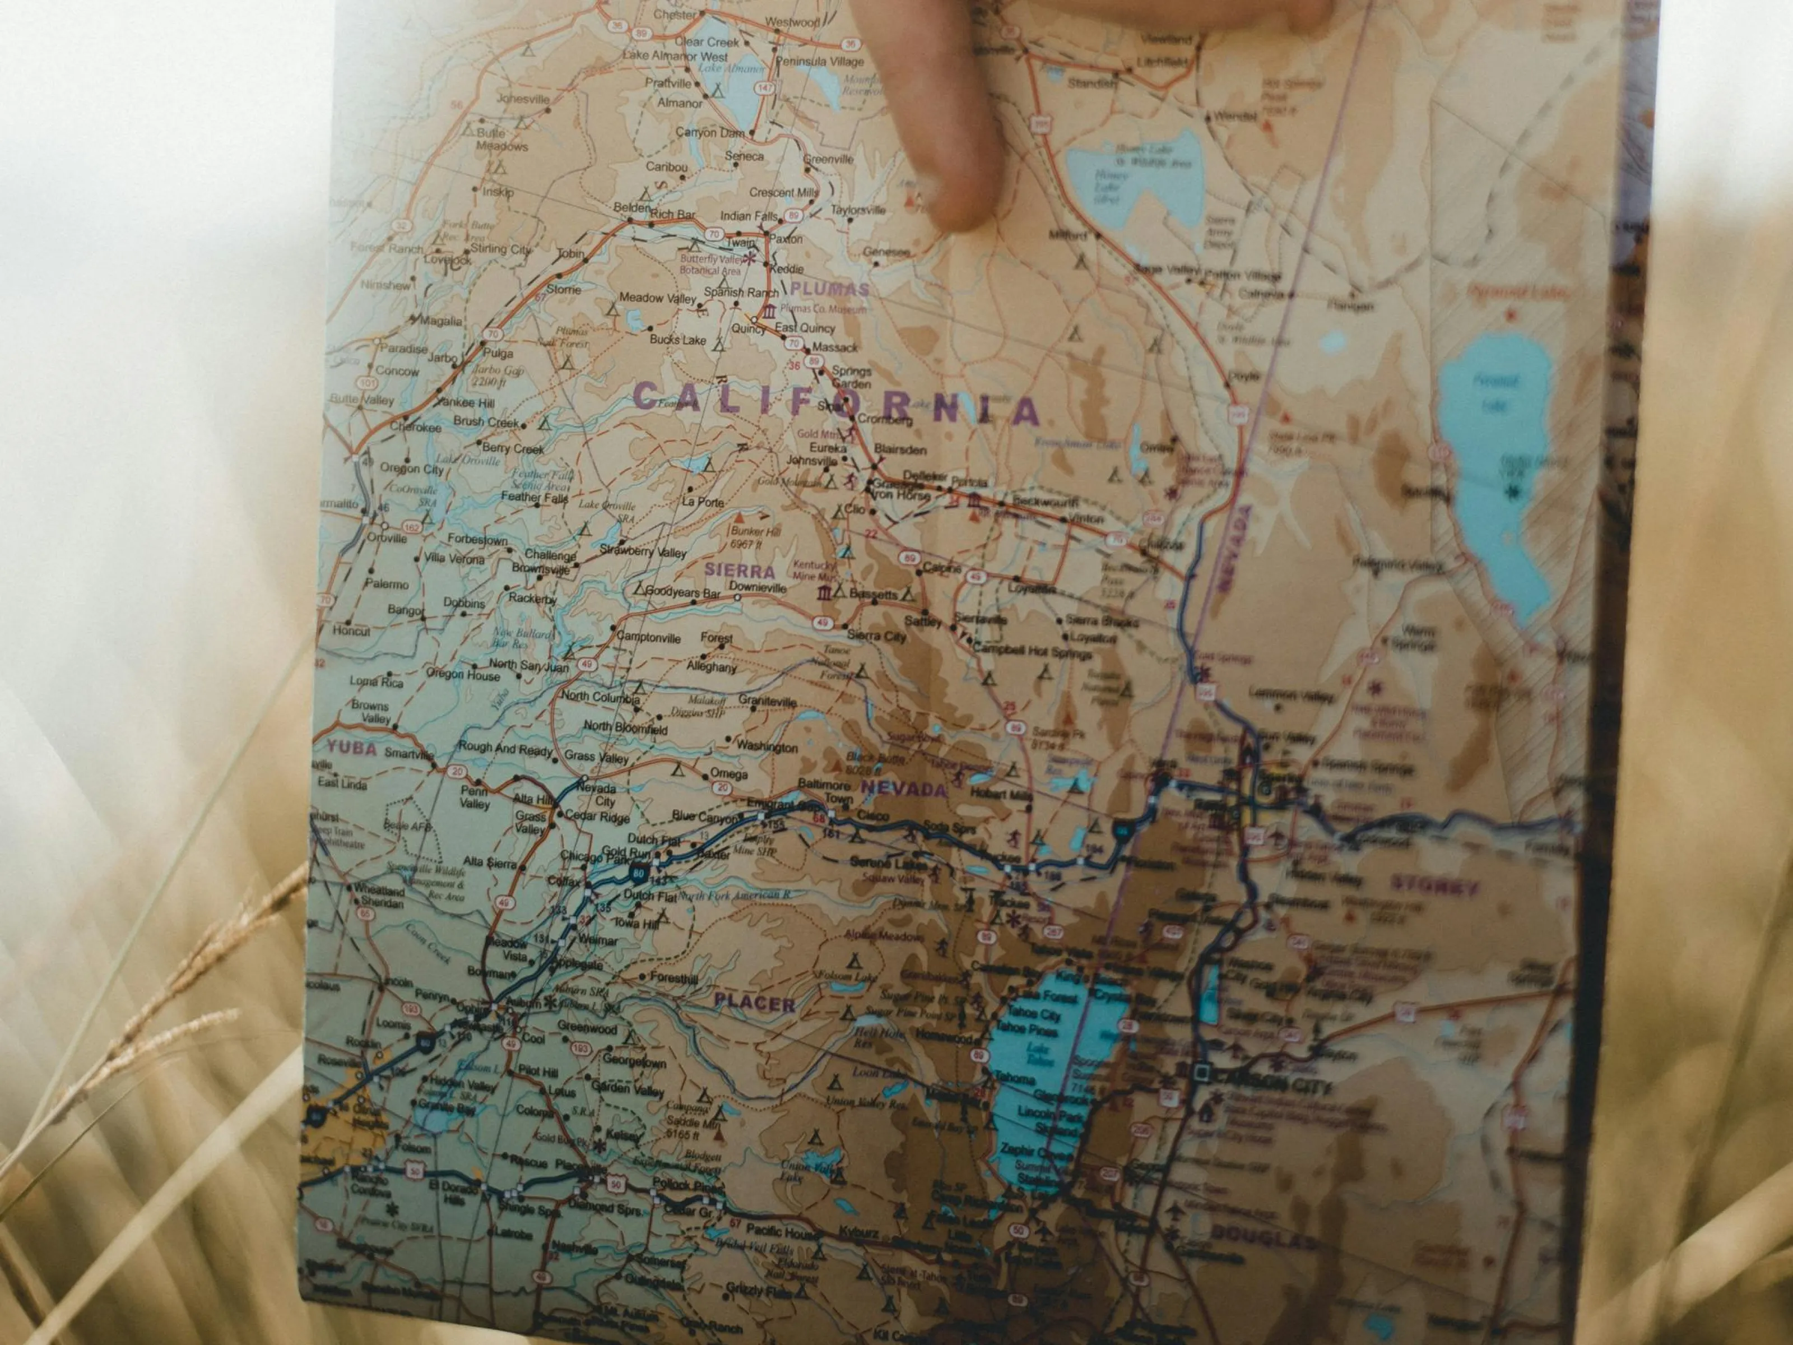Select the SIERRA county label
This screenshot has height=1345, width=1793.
coord(739,570)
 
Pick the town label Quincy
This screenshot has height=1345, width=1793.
coord(748,329)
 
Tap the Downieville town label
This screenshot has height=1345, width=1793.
coord(757,587)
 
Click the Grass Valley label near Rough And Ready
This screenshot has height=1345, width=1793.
coord(597,757)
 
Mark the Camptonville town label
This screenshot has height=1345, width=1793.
coord(648,638)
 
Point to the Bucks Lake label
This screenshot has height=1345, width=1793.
coord(677,340)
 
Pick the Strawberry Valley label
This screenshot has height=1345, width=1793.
coord(643,551)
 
